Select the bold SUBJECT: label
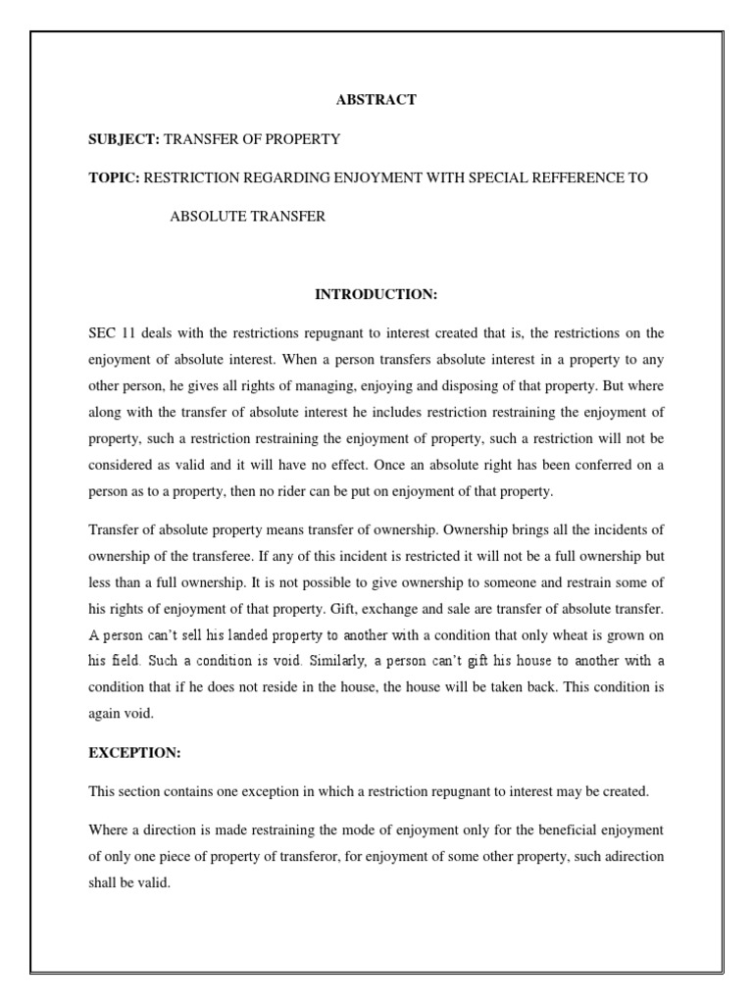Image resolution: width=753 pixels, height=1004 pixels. point(125,139)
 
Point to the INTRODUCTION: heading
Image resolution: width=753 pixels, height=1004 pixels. point(376,294)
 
